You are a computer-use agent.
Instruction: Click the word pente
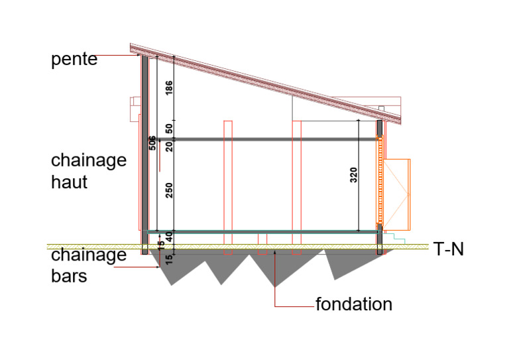[74, 60]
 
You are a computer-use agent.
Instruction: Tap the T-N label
[448, 249]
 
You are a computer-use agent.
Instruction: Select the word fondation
[354, 304]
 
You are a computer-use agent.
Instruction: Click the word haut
[69, 182]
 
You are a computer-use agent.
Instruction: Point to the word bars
[69, 276]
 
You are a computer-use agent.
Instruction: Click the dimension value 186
[169, 88]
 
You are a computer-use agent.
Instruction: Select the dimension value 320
[354, 175]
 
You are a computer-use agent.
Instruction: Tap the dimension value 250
[169, 190]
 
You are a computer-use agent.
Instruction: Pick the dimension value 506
[152, 143]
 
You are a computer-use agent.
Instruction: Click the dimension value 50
[169, 129]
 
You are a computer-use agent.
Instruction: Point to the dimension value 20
[169, 147]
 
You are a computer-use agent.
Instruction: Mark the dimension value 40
[169, 237]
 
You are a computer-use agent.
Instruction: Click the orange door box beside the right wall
[397, 195]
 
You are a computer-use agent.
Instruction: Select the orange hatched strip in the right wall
[380, 180]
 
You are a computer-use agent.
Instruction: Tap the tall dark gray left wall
[144, 154]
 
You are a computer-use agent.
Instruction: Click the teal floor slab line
[262, 232]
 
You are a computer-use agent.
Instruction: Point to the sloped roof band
[266, 84]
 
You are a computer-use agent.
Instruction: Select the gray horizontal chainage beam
[275, 139]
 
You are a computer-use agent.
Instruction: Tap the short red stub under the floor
[262, 244]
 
